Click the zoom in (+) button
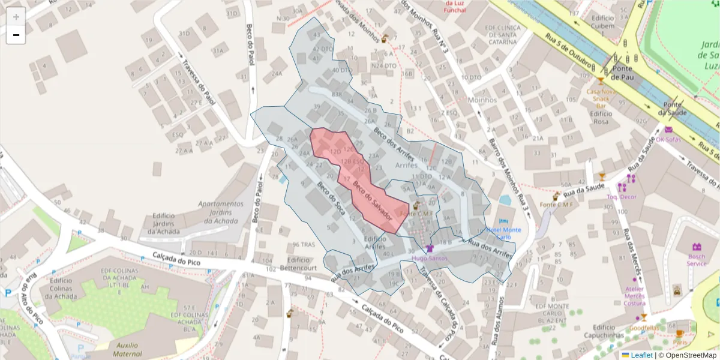click(x=16, y=17)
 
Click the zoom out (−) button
click(x=16, y=35)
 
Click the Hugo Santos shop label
click(x=429, y=258)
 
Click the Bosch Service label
click(x=697, y=260)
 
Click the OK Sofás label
click(x=668, y=139)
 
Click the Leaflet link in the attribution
click(x=641, y=355)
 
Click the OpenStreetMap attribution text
click(x=687, y=355)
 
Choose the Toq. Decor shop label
click(x=620, y=196)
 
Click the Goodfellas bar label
click(x=643, y=328)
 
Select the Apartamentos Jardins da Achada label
click(x=221, y=212)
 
